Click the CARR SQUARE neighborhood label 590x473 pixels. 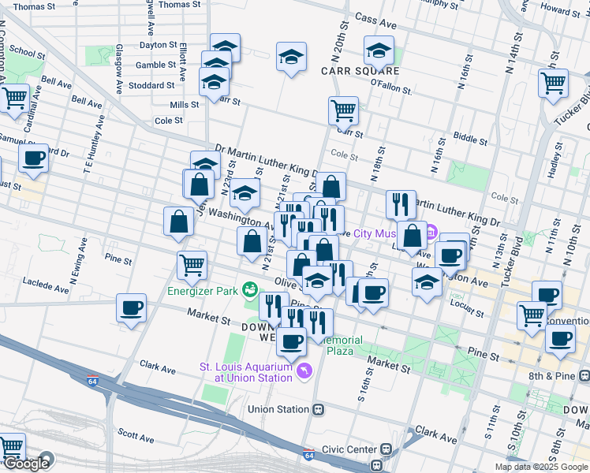360,71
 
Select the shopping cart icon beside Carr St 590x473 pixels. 343,111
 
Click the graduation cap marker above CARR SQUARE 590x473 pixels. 379,51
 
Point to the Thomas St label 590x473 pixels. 179,5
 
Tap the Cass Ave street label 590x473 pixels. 375,17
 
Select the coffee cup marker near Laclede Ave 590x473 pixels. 132,308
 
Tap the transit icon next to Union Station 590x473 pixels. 319,410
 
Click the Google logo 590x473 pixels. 25,464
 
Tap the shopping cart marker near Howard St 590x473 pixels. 553,83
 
